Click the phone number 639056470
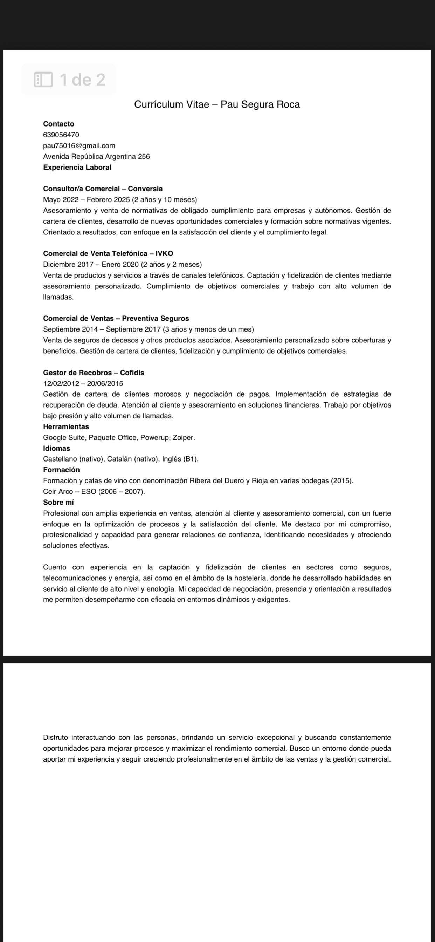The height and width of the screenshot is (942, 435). pyautogui.click(x=61, y=135)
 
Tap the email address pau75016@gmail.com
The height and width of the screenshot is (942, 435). pyautogui.click(x=79, y=145)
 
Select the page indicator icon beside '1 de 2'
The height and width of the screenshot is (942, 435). pyautogui.click(x=43, y=80)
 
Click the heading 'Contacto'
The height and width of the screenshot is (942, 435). pyautogui.click(x=58, y=124)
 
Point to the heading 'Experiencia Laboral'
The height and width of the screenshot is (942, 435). pyautogui.click(x=77, y=167)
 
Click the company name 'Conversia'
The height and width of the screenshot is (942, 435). pyautogui.click(x=145, y=189)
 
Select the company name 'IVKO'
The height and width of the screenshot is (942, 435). pyautogui.click(x=164, y=253)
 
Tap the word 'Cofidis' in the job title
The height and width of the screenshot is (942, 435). pyautogui.click(x=132, y=373)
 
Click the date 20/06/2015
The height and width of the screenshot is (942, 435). pyautogui.click(x=105, y=384)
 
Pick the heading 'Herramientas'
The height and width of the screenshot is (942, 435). pyautogui.click(x=66, y=427)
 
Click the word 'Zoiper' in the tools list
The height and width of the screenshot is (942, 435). pyautogui.click(x=183, y=438)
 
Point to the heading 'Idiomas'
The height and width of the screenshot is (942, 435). pyautogui.click(x=56, y=448)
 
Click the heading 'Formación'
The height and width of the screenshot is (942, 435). pyautogui.click(x=61, y=470)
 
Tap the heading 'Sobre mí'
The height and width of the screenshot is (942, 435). pyautogui.click(x=58, y=503)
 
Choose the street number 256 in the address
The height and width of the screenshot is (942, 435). pyautogui.click(x=144, y=157)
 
